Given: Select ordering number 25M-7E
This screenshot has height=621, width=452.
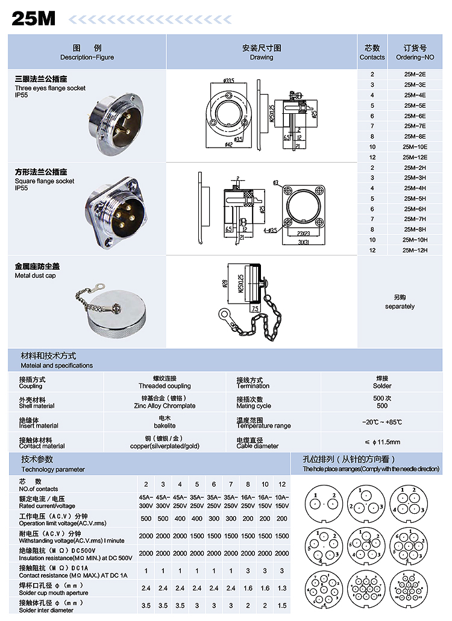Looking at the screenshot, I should [415, 126].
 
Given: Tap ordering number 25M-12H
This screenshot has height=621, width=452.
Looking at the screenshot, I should [415, 250].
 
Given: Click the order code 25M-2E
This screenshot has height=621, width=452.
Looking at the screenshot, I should [415, 75].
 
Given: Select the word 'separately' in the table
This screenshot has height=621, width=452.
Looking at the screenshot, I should [400, 307].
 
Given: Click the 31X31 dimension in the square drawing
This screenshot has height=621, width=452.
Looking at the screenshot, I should [304, 243].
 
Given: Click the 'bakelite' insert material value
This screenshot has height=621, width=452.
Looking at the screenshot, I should [165, 426].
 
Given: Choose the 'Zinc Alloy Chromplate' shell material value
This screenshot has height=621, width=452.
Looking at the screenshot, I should [165, 406].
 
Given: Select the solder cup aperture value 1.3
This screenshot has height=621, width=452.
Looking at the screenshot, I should [282, 588].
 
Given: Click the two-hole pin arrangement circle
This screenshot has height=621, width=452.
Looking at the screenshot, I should [324, 502].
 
